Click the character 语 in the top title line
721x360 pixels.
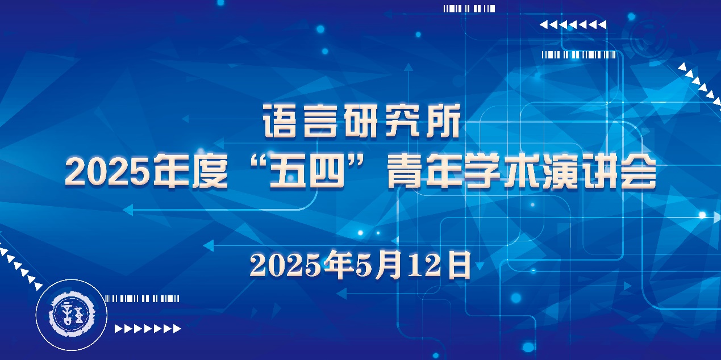click(x=279, y=121)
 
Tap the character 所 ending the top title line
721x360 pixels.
click(x=443, y=121)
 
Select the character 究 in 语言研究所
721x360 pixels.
click(x=402, y=121)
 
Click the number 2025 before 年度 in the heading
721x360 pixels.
click(x=108, y=173)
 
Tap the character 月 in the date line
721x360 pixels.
click(x=389, y=265)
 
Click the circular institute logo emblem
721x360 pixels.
click(x=71, y=315)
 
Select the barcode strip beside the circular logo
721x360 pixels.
click(x=142, y=299)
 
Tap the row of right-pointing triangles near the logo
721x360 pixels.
click(x=148, y=328)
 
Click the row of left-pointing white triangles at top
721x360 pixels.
click(x=573, y=24)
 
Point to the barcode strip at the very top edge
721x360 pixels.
click(x=469, y=9)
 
